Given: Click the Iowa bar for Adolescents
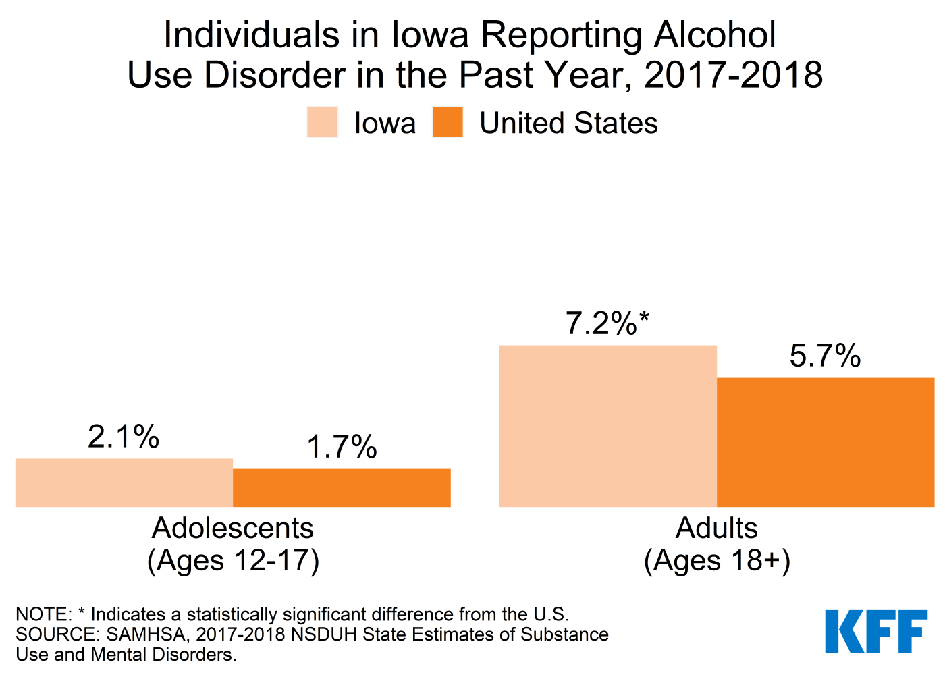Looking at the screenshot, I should point(124,483).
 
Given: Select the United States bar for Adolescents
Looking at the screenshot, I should point(342,487).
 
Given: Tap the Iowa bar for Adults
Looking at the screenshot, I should point(607,426).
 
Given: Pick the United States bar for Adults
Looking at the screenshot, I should point(825,442).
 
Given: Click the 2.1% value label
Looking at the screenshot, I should point(124,437).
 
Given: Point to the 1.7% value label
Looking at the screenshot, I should point(342,448).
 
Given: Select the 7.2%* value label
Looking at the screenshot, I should point(607,324).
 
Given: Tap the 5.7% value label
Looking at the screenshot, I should point(825,356).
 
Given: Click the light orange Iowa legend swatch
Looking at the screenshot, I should point(322,123).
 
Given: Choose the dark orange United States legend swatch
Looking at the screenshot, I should point(448,123).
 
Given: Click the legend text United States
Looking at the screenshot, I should point(568,124).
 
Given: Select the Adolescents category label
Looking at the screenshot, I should point(233,528).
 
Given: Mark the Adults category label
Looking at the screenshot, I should point(717,528).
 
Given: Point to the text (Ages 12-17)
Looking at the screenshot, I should point(233,560).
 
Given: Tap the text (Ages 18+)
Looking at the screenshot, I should point(717,560).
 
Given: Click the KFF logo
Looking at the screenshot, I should point(876,631).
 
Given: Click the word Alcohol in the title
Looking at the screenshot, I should point(715,35).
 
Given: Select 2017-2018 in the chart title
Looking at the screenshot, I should point(733,75).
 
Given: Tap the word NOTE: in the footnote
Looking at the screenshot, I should point(43,614).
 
